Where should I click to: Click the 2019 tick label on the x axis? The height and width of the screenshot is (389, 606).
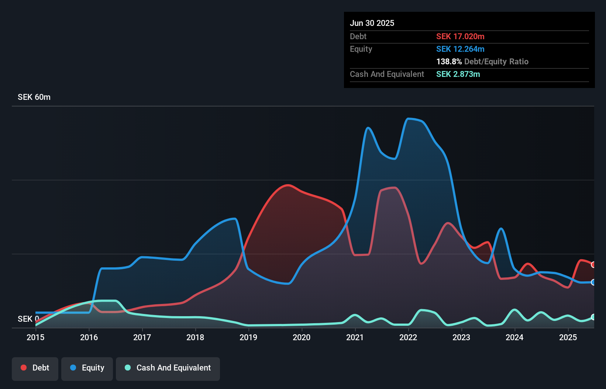click(x=248, y=337)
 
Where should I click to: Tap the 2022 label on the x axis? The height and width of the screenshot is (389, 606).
click(x=408, y=337)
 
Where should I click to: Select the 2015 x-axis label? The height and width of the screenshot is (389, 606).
click(x=35, y=337)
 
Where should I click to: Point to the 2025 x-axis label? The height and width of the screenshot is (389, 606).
click(x=568, y=337)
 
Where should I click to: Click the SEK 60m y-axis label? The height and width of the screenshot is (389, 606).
click(x=34, y=97)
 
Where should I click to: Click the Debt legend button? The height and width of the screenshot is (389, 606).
click(x=35, y=368)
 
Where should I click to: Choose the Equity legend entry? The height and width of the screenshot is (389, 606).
click(x=87, y=368)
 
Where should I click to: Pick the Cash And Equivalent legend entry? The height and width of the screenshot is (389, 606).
click(x=168, y=368)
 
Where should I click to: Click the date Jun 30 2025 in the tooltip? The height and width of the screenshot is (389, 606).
click(x=372, y=23)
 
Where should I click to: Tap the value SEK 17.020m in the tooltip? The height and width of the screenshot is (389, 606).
click(x=460, y=36)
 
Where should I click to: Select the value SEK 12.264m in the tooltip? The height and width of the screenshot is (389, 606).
click(x=460, y=49)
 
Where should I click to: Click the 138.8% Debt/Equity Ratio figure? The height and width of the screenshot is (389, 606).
click(x=482, y=61)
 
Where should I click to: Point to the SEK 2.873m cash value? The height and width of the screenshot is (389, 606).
click(x=458, y=74)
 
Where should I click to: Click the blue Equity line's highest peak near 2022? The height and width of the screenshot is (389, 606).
click(x=408, y=119)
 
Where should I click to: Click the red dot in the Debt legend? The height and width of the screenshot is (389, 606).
click(x=24, y=368)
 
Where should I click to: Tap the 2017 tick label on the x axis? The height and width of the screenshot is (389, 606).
click(x=142, y=337)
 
